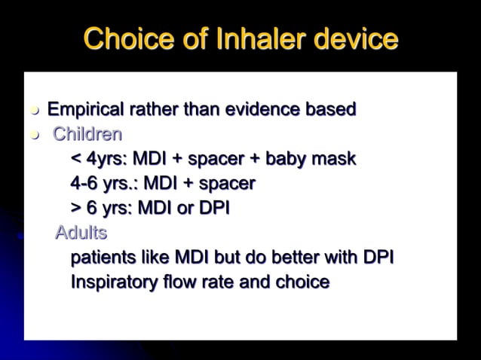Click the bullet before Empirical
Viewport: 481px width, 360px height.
33,111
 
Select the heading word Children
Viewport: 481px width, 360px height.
87,135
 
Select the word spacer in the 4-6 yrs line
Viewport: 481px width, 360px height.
230,184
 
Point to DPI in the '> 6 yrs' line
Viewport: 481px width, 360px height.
213,208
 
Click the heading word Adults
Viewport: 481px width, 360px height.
81,233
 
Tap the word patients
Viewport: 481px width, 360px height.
106,258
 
